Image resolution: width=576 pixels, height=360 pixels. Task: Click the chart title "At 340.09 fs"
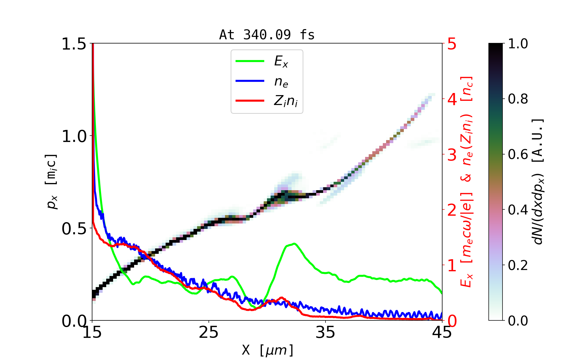(267, 35)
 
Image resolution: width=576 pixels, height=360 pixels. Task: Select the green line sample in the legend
(250, 61)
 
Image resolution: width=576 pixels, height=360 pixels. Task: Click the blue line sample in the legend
(250, 81)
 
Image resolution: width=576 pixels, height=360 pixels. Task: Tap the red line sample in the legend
(250, 101)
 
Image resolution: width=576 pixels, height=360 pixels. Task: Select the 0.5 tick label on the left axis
(74, 229)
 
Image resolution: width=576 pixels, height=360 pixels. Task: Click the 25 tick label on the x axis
(209, 332)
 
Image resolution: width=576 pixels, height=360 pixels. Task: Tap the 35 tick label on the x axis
(325, 332)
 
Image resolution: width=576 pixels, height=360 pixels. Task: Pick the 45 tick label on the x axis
(442, 332)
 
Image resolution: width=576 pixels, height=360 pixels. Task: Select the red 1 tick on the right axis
(452, 265)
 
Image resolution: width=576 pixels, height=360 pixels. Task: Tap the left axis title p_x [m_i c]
(52, 181)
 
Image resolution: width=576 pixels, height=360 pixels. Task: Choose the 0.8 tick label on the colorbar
(518, 99)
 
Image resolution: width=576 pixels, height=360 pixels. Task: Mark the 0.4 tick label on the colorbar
(518, 210)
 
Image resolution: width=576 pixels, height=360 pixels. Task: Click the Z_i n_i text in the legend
(286, 101)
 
